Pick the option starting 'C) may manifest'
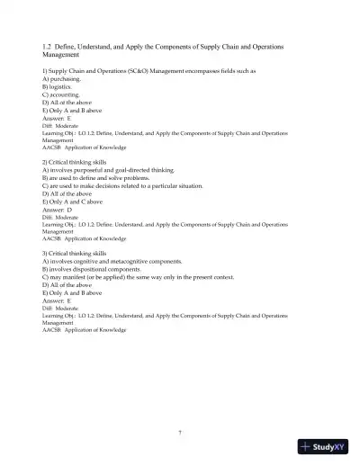pos(138,278)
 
